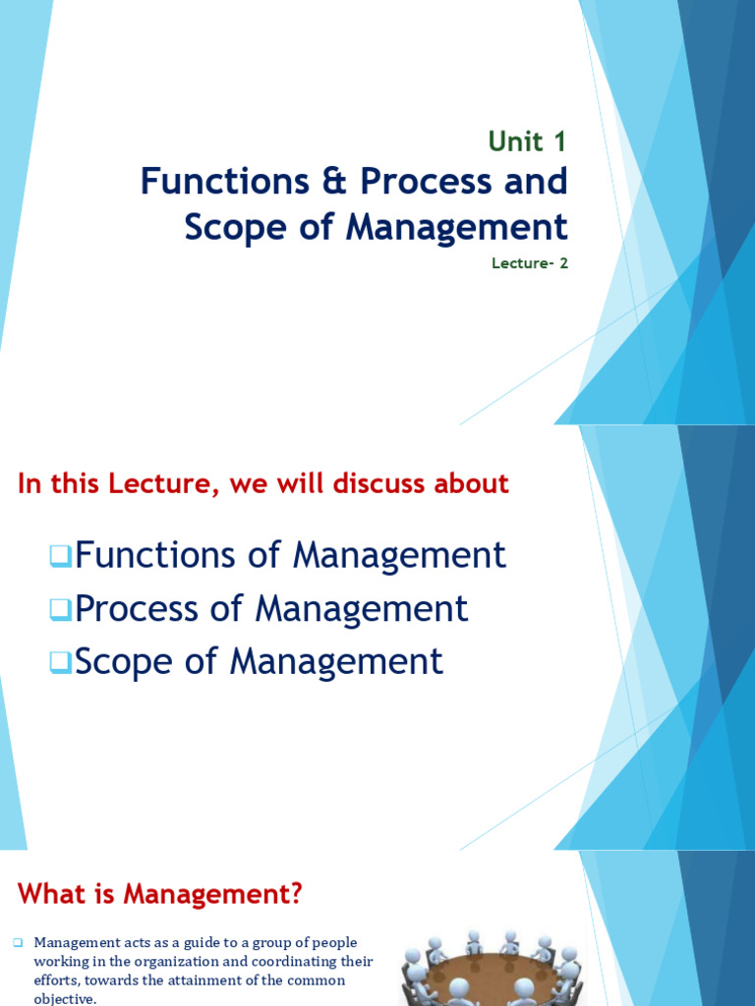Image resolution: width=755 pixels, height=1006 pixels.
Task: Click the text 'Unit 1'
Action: coord(527,141)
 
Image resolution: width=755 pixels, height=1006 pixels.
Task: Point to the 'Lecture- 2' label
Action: coord(530,263)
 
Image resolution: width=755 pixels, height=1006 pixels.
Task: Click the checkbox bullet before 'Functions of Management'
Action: coord(61,557)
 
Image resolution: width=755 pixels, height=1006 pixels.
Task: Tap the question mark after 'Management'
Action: coord(295,895)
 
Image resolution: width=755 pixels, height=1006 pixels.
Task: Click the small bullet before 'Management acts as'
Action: coord(18,942)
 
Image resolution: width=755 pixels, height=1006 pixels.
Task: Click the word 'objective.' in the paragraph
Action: coord(65,998)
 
